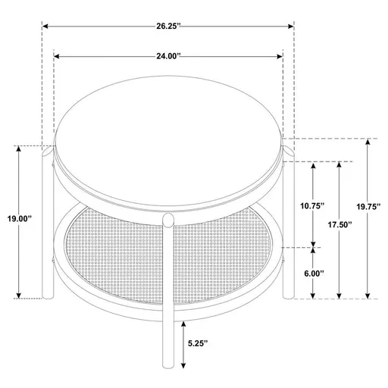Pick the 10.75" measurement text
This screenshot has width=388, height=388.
[312, 205]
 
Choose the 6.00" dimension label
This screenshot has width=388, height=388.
[312, 273]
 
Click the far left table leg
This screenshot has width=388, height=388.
[42, 227]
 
